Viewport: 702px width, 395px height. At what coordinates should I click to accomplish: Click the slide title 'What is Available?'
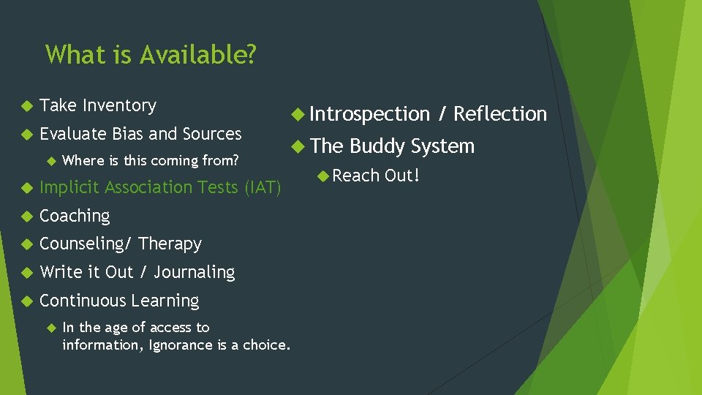tap(151, 55)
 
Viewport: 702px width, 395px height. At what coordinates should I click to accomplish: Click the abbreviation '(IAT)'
tap(262, 188)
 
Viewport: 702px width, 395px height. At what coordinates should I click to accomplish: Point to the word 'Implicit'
tap(70, 188)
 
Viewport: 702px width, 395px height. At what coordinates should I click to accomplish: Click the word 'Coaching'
tap(75, 216)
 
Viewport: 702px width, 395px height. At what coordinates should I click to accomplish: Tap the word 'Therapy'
tap(170, 244)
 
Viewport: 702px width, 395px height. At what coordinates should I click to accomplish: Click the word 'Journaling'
tap(195, 273)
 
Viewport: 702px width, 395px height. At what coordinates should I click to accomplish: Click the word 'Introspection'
tap(369, 115)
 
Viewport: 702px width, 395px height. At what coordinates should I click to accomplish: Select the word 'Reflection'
tap(500, 114)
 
